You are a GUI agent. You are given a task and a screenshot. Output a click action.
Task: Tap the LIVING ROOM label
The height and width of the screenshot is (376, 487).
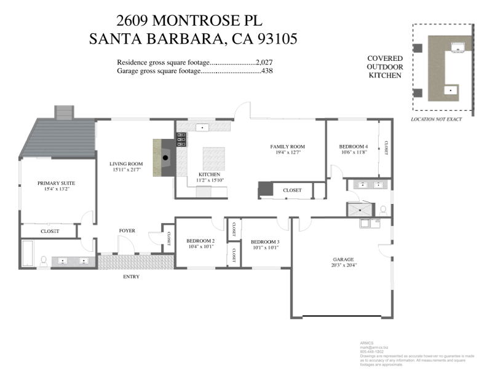pos(125,164)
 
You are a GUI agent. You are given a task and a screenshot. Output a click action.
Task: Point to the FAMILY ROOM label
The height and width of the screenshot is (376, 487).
pos(288,147)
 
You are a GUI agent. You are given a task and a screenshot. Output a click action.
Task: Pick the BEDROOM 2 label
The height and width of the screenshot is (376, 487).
pos(200,241)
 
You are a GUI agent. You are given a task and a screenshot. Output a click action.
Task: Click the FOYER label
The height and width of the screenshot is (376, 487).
pos(127,231)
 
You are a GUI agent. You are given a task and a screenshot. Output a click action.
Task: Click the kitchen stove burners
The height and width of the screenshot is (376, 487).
pos(182,140)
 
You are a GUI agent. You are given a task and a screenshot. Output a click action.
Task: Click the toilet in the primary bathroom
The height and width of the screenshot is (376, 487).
pos(44,260)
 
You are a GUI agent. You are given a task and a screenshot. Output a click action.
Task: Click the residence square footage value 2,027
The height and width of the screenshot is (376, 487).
pos(264,62)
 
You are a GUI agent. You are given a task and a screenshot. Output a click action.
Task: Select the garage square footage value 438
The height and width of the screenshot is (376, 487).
pos(266,71)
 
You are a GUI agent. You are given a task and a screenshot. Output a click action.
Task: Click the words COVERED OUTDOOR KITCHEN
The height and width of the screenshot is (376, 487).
pos(384,66)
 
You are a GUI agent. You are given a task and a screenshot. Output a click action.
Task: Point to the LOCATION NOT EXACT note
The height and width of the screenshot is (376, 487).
pos(436,119)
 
